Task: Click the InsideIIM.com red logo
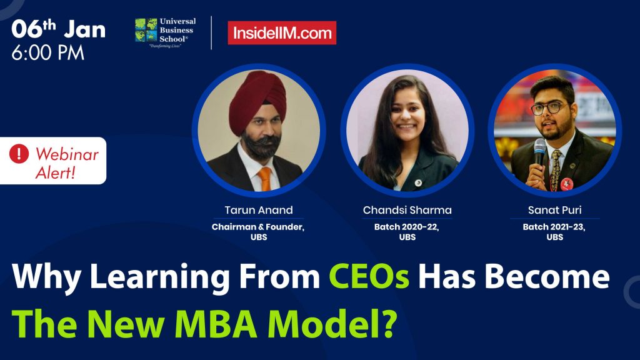click(x=281, y=33)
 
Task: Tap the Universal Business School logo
click(x=164, y=32)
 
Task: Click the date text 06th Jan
click(x=58, y=29)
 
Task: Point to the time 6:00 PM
click(x=47, y=53)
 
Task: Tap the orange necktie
click(x=265, y=178)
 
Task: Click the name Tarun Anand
click(x=258, y=210)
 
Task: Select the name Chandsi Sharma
click(x=407, y=210)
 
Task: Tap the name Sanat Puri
click(x=554, y=210)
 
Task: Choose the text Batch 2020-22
click(x=407, y=226)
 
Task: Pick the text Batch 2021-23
click(x=554, y=226)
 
